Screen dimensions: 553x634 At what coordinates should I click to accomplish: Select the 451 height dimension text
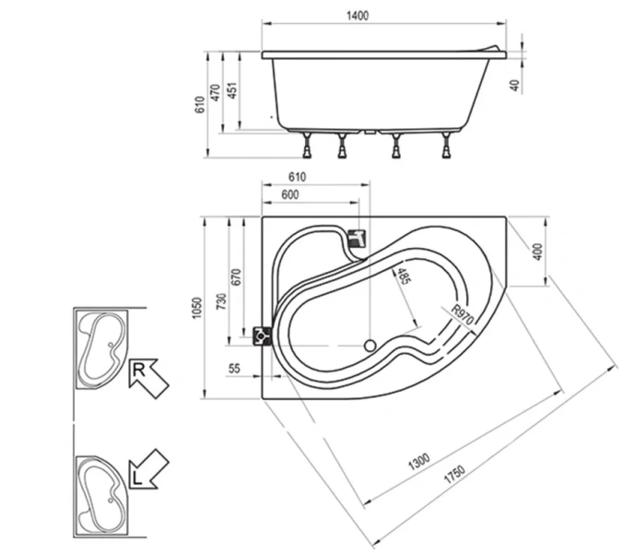tap(234, 89)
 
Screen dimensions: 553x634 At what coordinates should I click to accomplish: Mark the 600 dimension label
tap(290, 194)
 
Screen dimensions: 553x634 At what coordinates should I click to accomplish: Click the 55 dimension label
tap(234, 368)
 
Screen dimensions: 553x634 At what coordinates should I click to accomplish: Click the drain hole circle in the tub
tap(370, 347)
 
